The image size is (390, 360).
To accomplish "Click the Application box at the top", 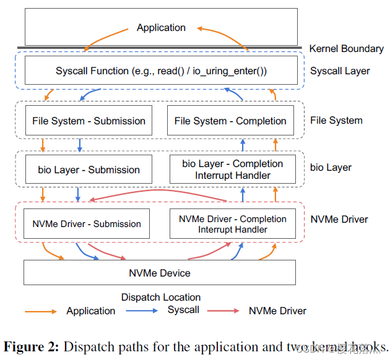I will pos(160,27).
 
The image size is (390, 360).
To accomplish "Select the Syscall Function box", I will pos(160,71).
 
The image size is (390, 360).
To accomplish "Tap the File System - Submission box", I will pos(89,121).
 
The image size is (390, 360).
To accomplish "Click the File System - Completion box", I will pos(230,121).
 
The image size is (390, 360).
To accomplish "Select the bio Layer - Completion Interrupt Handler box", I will pos(232,169).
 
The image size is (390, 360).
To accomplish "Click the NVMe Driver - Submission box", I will pos(86,225).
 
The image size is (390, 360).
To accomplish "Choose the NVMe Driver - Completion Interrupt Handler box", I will pos(232,224).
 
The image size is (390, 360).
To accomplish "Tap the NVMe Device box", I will pos(159,273).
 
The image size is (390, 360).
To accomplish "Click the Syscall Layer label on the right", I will pos(340,71).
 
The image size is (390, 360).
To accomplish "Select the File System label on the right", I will pos(336,121).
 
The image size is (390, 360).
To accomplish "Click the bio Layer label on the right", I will pos(331,168).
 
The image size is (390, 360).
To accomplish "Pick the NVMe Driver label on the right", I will pos(339,219).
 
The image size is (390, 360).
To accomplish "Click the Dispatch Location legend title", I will pos(160,298).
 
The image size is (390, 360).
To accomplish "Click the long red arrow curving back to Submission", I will pos(161,194).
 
